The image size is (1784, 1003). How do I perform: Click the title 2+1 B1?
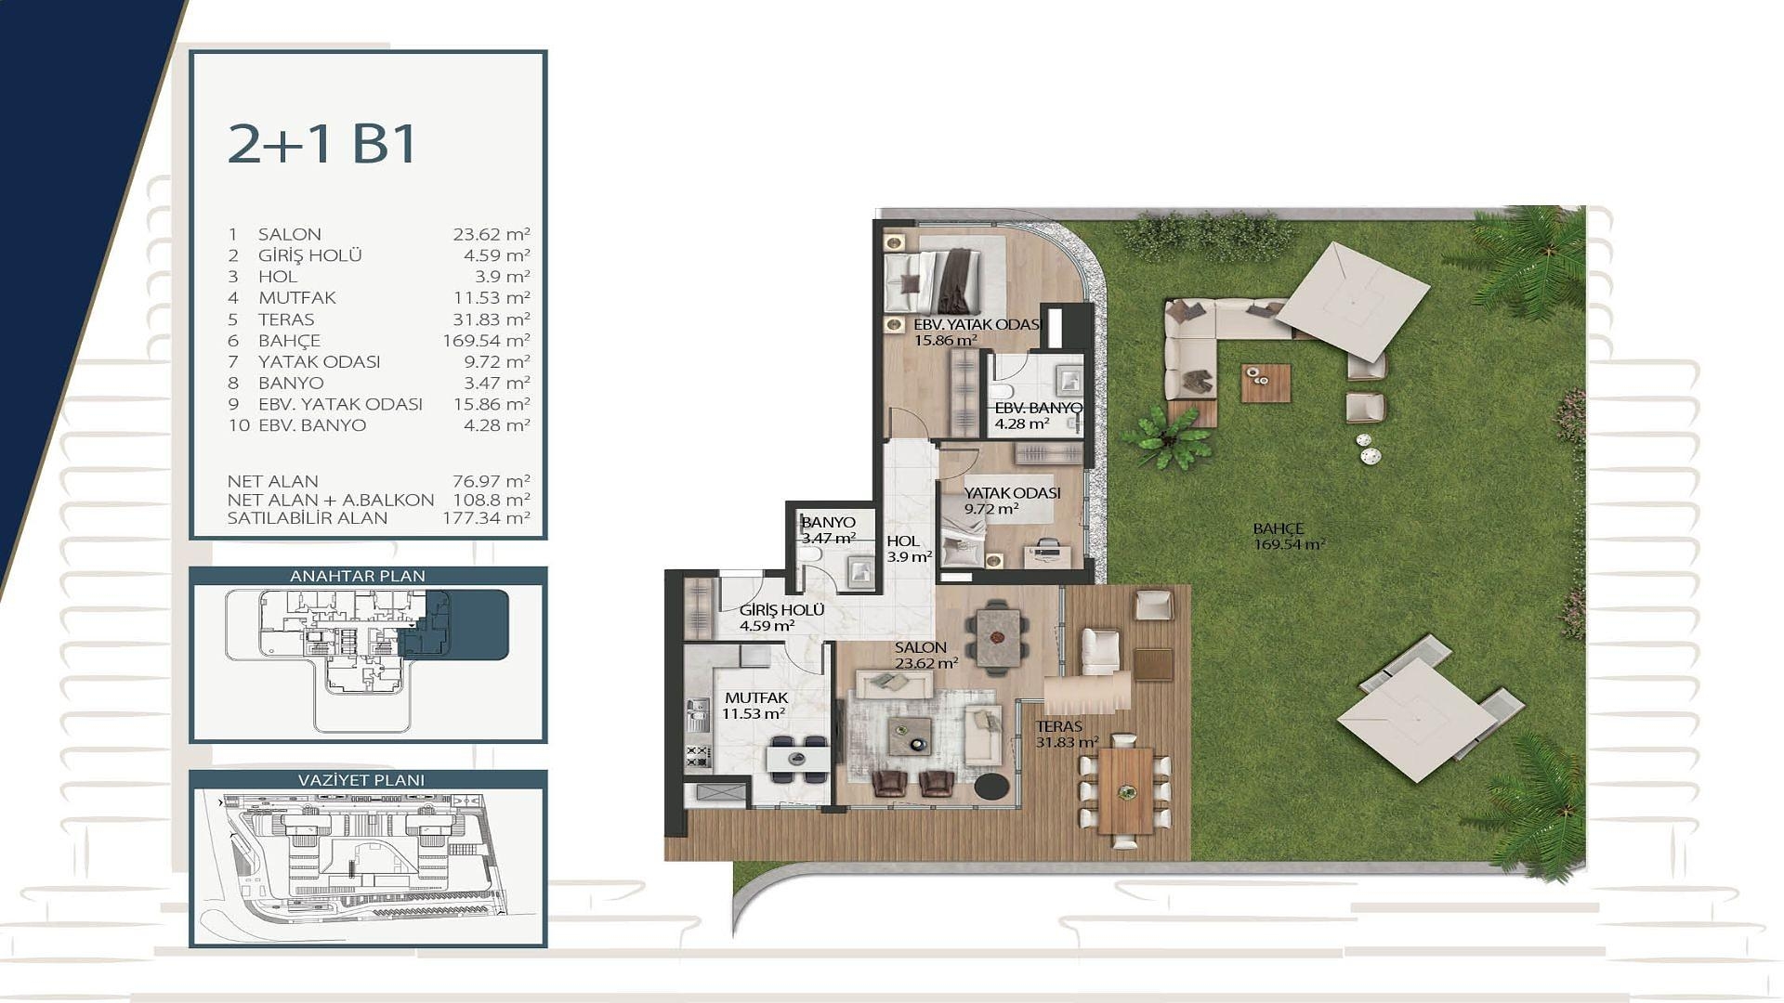[x=322, y=144]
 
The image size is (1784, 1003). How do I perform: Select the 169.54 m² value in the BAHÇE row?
[x=486, y=340]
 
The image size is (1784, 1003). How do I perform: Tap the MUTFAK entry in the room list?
[x=297, y=298]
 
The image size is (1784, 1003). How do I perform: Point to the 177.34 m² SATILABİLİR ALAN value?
[x=486, y=518]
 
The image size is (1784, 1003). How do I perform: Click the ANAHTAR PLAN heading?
[x=358, y=576]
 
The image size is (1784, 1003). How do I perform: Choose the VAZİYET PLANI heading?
[x=361, y=780]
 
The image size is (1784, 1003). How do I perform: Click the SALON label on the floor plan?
[x=921, y=647]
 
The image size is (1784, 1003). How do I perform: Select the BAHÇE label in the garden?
[x=1279, y=529]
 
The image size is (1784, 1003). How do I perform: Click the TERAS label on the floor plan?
[x=1059, y=727]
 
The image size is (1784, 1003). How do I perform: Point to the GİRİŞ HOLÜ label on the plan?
[x=782, y=610]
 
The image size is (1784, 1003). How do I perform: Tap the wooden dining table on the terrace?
[x=1125, y=791]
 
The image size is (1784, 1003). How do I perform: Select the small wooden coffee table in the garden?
[x=1266, y=383]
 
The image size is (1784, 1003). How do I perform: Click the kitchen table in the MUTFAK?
[x=797, y=759]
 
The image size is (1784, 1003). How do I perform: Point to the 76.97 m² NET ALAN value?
[x=491, y=481]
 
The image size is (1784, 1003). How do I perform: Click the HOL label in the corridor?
[x=903, y=541]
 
